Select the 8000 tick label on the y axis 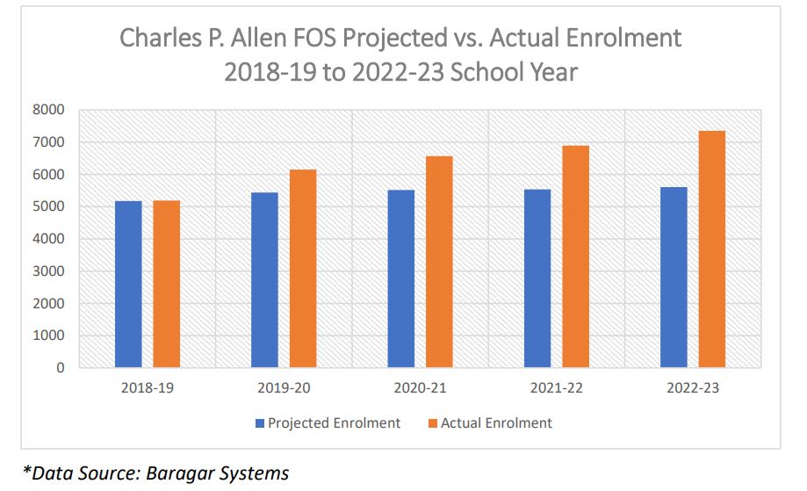tap(49, 110)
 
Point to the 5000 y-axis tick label tap(49, 206)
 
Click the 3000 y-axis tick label tap(49, 271)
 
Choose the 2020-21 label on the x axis tap(420, 388)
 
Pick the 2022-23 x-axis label tap(693, 388)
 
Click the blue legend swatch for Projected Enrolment tap(260, 423)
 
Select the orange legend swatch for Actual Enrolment tap(432, 423)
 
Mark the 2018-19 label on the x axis tap(148, 388)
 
